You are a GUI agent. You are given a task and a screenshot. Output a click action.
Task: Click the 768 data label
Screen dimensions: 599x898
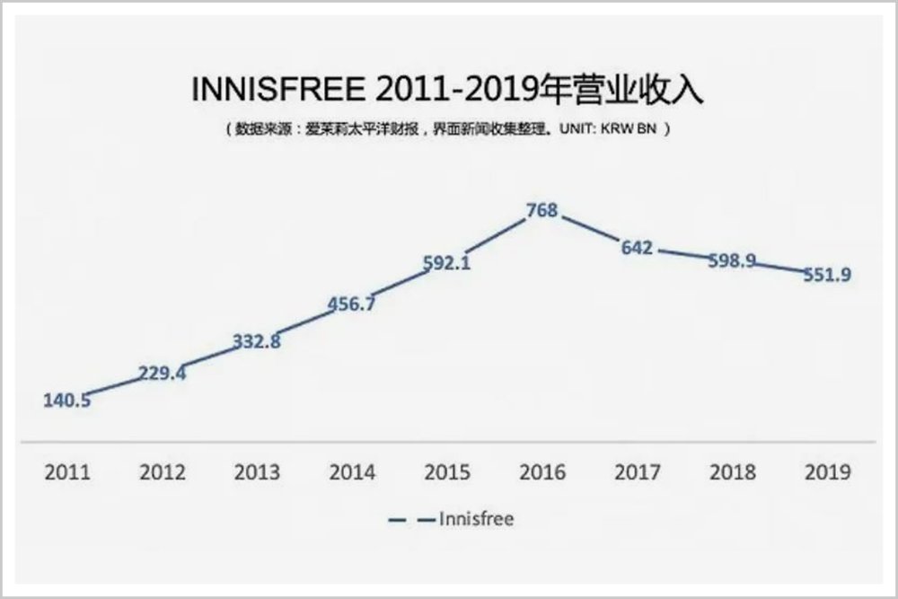[542, 211]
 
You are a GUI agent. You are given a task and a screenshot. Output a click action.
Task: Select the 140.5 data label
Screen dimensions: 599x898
[66, 401]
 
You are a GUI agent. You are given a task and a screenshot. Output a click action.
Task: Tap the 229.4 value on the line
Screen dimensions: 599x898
[162, 373]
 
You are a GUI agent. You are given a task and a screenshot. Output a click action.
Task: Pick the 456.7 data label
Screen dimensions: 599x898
[351, 304]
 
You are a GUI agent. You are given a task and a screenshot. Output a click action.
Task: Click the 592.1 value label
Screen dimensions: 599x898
[446, 264]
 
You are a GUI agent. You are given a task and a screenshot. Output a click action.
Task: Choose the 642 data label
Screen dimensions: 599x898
[637, 248]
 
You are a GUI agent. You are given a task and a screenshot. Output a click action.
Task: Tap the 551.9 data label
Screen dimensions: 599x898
[827, 275]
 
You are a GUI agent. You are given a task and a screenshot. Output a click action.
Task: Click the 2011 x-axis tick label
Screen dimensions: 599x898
[67, 472]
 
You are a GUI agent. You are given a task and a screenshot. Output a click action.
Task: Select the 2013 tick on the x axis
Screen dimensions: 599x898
[257, 472]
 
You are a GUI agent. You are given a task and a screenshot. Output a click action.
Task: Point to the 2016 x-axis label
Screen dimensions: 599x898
[542, 472]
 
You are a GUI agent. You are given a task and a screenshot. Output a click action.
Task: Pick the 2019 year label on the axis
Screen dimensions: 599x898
[827, 472]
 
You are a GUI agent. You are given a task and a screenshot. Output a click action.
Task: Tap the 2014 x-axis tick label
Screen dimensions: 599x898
[352, 472]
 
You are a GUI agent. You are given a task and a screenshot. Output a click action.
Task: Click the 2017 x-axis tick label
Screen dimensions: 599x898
[637, 472]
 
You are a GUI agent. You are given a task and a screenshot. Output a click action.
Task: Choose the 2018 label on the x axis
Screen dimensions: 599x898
[732, 472]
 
